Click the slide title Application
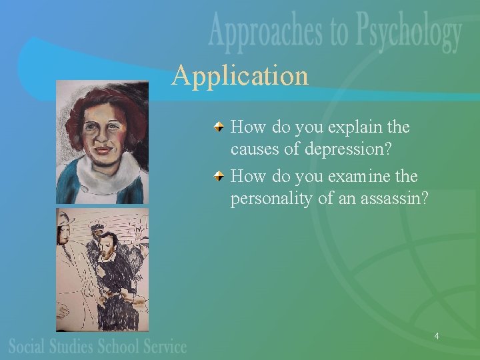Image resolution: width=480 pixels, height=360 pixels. click(240, 75)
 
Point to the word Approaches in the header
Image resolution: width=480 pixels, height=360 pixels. click(270, 33)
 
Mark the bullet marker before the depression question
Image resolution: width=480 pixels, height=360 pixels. click(219, 126)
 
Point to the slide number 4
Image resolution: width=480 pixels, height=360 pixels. click(436, 337)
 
